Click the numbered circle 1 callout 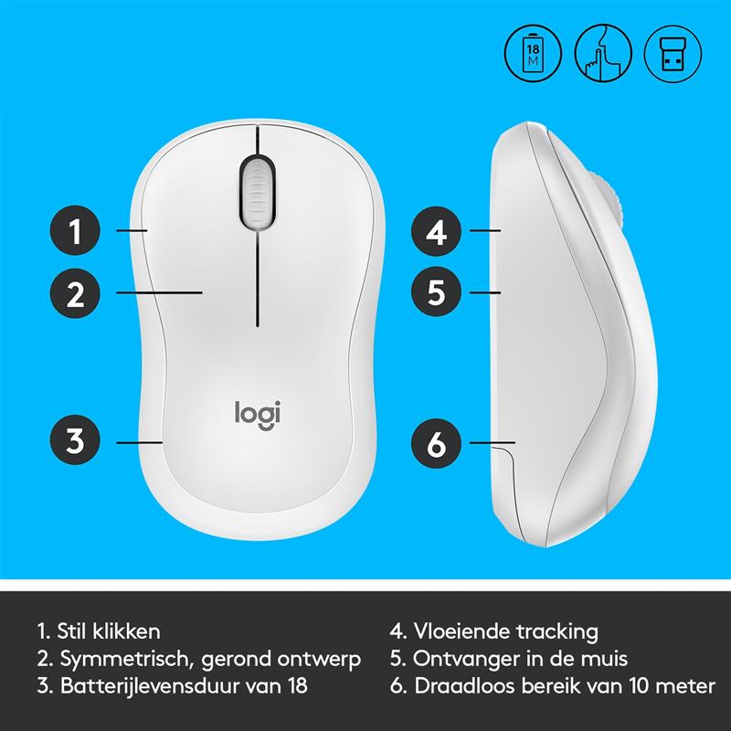(x=75, y=230)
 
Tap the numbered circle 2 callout (x=75, y=293)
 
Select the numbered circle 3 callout (x=75, y=440)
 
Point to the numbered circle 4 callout (x=436, y=231)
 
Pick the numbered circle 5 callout (x=436, y=291)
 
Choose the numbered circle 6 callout (x=436, y=443)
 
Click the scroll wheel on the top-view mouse (x=258, y=192)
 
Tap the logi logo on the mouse (x=258, y=415)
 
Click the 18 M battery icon (x=533, y=53)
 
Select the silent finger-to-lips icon (x=603, y=53)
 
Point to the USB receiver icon (x=673, y=53)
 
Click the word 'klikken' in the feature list (x=126, y=631)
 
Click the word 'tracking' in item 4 (x=556, y=632)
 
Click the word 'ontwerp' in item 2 (x=319, y=659)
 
